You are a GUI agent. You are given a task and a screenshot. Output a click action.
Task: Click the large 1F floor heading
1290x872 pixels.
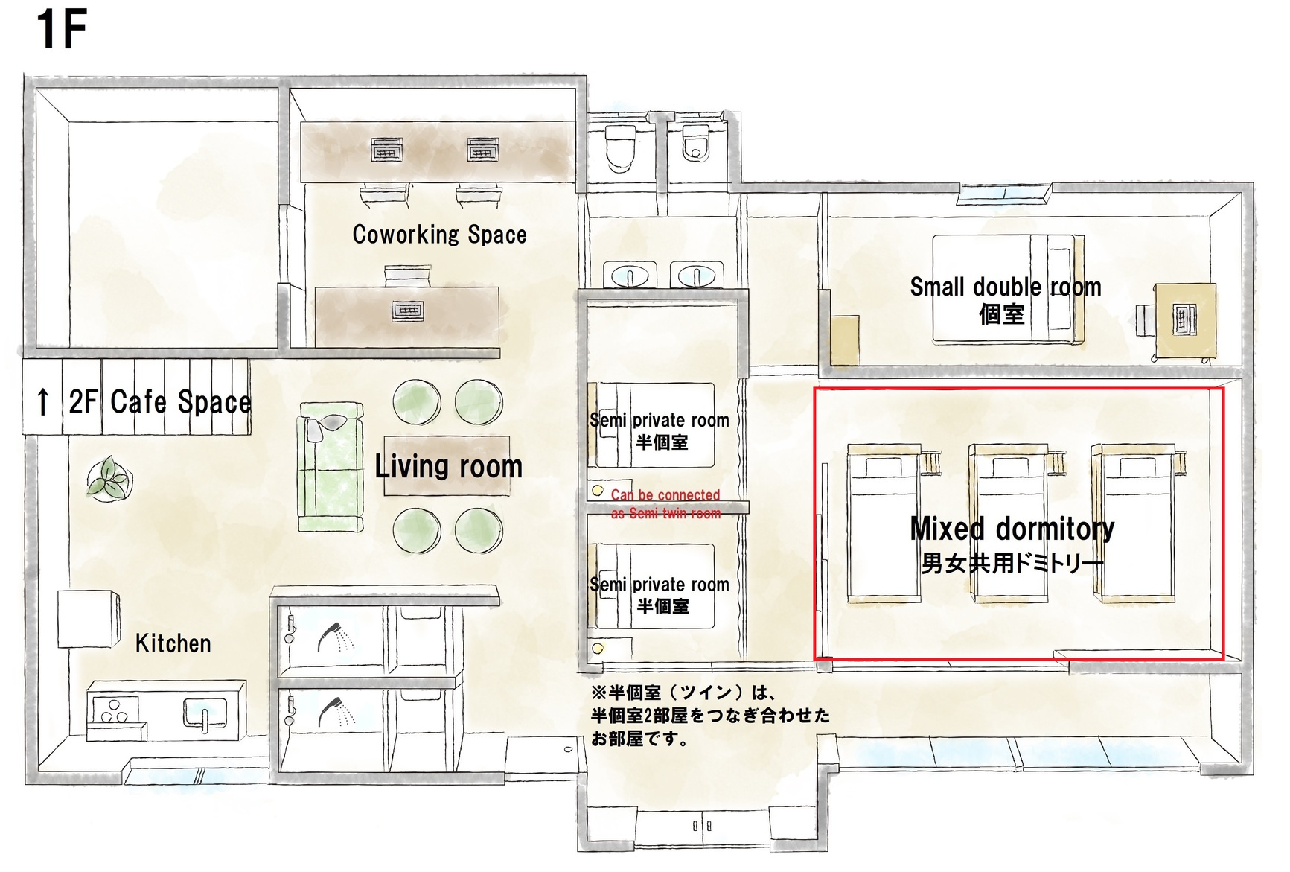62,30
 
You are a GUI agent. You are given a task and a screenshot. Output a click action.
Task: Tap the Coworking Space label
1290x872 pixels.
439,235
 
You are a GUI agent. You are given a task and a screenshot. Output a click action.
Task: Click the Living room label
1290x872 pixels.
448,467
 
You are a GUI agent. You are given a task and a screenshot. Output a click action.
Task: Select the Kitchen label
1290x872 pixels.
173,643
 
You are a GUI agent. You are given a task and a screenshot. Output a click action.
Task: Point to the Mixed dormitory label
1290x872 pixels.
1012,529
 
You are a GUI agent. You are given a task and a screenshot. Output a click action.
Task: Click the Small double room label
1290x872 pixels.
1005,287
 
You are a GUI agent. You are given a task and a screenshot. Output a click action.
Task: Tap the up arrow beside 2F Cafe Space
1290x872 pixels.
43,402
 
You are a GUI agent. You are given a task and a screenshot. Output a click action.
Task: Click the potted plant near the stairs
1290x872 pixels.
109,477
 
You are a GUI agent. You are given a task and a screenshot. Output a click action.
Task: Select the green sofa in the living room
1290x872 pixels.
331,467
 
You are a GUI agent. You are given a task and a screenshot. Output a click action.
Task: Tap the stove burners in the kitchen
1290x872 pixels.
114,710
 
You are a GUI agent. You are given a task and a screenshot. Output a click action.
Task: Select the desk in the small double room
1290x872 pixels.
1185,320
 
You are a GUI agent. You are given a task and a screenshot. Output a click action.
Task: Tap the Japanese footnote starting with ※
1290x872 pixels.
710,716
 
